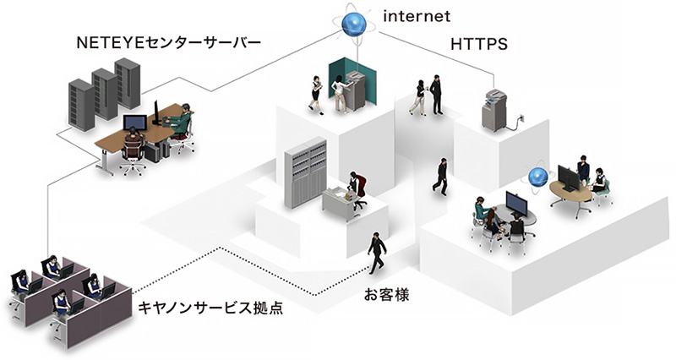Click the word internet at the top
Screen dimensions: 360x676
click(416, 15)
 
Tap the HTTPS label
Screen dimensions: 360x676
click(480, 43)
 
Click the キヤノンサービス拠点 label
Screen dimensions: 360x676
click(210, 308)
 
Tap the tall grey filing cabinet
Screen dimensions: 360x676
click(304, 172)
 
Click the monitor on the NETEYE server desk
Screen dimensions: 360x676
click(134, 123)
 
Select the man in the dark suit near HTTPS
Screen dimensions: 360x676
click(436, 94)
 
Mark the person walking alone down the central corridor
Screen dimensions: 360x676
click(441, 176)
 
